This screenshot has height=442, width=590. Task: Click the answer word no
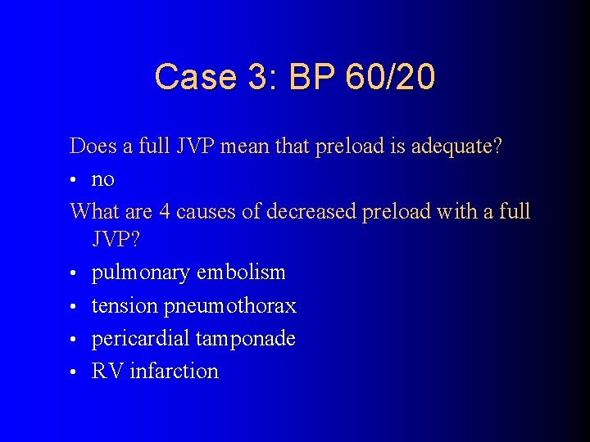coord(103,178)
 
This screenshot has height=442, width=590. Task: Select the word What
coord(93,211)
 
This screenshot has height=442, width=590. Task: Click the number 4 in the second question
coord(165,211)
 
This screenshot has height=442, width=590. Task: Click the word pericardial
coord(137,338)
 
